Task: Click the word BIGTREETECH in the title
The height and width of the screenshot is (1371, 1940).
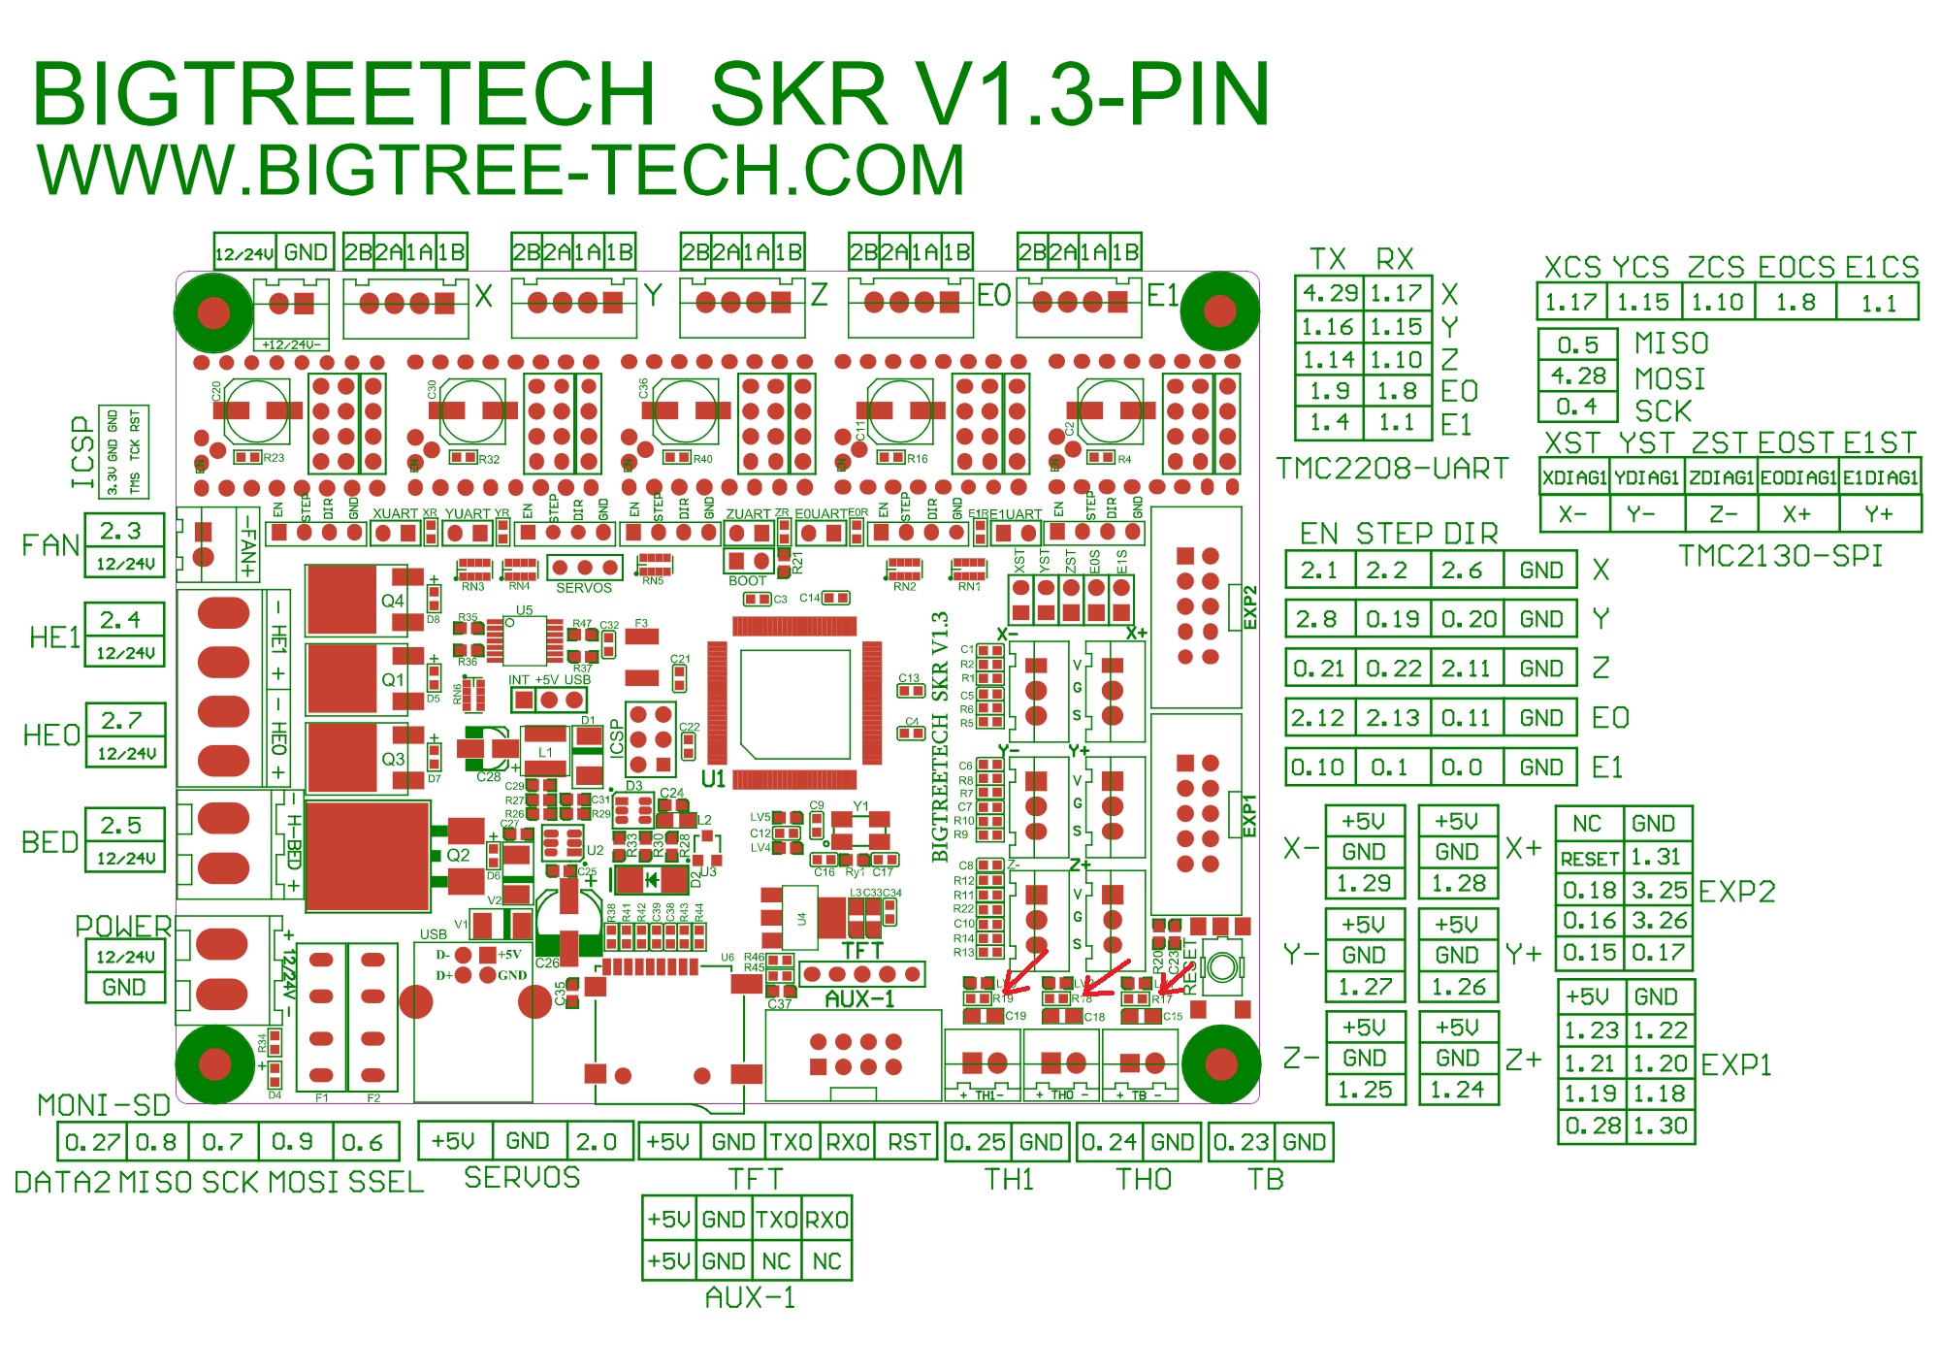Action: pyautogui.click(x=344, y=94)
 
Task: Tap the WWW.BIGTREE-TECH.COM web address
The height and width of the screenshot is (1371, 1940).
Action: pyautogui.click(x=501, y=170)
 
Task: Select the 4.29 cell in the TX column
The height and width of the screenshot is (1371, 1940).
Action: pyautogui.click(x=1329, y=293)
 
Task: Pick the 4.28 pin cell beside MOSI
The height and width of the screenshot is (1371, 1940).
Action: pyautogui.click(x=1577, y=375)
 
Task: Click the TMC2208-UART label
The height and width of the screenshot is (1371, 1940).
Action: pyautogui.click(x=1392, y=469)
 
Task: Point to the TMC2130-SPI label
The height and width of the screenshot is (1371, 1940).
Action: pyautogui.click(x=1780, y=556)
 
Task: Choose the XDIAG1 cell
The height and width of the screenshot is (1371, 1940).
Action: pyautogui.click(x=1574, y=477)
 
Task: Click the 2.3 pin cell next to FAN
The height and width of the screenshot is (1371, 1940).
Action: pyautogui.click(x=122, y=531)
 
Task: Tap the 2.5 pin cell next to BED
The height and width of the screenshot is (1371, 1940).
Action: pyautogui.click(x=122, y=826)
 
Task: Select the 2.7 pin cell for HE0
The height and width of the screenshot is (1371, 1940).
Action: pyautogui.click(x=122, y=721)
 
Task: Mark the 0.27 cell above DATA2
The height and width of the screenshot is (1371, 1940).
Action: pyautogui.click(x=91, y=1142)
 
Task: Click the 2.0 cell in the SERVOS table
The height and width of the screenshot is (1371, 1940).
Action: pyautogui.click(x=596, y=1141)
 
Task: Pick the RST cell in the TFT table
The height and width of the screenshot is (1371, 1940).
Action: pyautogui.click(x=909, y=1142)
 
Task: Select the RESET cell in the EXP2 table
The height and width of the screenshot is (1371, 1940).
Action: pyautogui.click(x=1590, y=859)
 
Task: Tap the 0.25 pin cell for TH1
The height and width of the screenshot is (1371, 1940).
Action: pyautogui.click(x=978, y=1142)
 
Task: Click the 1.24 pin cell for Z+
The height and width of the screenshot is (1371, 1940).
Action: pyautogui.click(x=1457, y=1090)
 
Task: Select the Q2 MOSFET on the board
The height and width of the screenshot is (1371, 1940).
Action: pyautogui.click(x=369, y=856)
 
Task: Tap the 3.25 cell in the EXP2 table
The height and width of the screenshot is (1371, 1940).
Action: pyautogui.click(x=1659, y=890)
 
